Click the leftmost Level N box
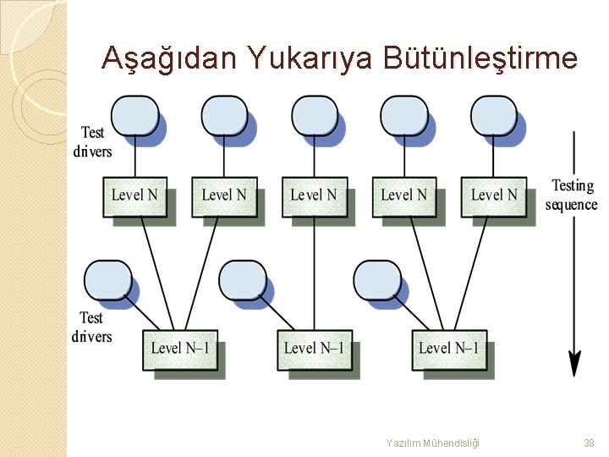pos(134,195)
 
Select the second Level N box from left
pos(224,195)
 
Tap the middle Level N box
pos(314,195)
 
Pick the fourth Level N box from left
pos(403,195)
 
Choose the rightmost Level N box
pos(493,195)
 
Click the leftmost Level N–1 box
pos(179,349)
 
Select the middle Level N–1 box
pos(314,349)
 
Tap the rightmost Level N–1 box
pos(448,349)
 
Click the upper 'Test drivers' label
pos(92,141)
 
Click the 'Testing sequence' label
pos(572,195)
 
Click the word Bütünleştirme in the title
pos(480,58)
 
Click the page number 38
pos(589,443)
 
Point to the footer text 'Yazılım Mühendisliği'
pos(432,443)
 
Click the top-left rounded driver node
pos(134,115)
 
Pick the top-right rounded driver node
pos(493,115)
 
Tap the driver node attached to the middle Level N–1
pos(242,279)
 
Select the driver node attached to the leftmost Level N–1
pos(108,279)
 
